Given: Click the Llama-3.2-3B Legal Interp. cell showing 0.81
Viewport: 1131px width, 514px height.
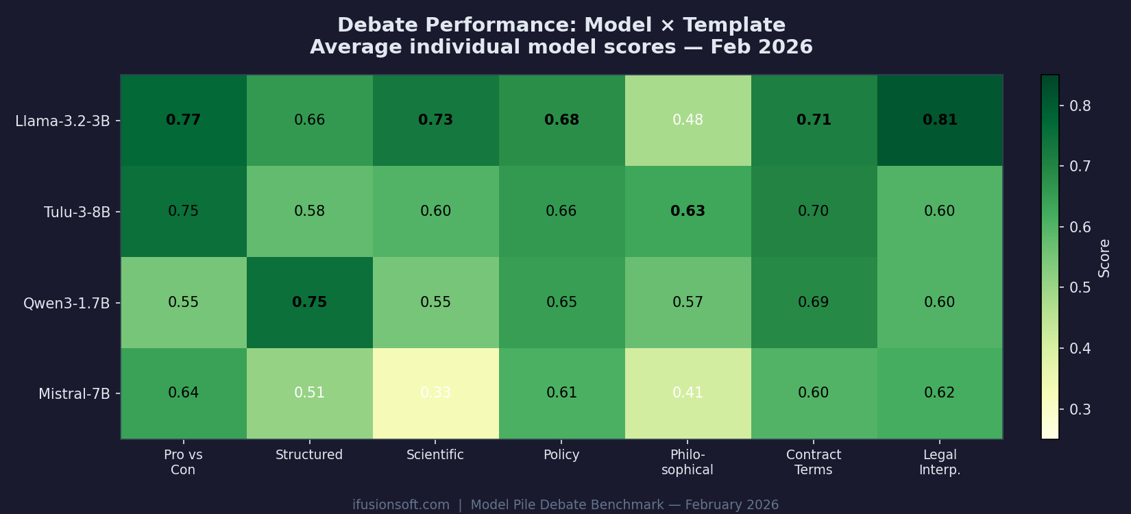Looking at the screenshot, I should (x=939, y=120).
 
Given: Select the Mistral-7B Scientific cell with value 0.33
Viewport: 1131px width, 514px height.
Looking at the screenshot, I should (x=435, y=393).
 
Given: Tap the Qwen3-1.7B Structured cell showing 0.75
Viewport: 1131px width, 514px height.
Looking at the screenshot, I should (x=309, y=302).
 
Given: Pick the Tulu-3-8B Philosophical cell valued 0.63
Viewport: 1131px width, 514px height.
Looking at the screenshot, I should (x=688, y=211).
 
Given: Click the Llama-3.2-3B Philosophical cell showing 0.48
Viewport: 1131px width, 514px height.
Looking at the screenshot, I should (x=688, y=120).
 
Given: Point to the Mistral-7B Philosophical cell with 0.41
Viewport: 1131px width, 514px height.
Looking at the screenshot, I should (x=688, y=393).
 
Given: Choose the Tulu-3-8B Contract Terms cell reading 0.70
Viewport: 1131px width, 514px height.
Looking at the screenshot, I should (x=814, y=211).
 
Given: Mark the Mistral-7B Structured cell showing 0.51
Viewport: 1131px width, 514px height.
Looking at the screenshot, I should (x=309, y=393).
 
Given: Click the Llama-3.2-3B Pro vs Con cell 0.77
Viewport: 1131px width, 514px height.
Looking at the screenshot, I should (x=183, y=120).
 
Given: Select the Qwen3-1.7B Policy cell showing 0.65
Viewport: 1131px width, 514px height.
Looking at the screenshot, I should (x=561, y=302).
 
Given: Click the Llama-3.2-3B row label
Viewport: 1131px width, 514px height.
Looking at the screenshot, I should (x=62, y=121).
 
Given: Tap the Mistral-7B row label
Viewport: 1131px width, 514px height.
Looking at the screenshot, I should (x=74, y=394).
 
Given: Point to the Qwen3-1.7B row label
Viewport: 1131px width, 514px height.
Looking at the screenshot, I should (x=66, y=303).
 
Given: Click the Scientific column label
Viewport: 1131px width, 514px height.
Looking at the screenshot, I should (x=435, y=455).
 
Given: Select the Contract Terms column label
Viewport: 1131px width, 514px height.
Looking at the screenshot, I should (x=814, y=462).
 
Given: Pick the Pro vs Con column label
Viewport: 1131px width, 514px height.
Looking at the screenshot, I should (x=183, y=462).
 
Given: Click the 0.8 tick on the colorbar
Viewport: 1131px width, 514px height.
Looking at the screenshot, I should (x=1080, y=106).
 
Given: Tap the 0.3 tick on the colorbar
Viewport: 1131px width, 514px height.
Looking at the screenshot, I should (x=1080, y=409).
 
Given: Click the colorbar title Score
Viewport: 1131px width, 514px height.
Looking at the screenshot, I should (x=1104, y=258).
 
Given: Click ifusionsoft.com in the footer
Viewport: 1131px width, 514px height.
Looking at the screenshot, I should (x=401, y=505).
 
